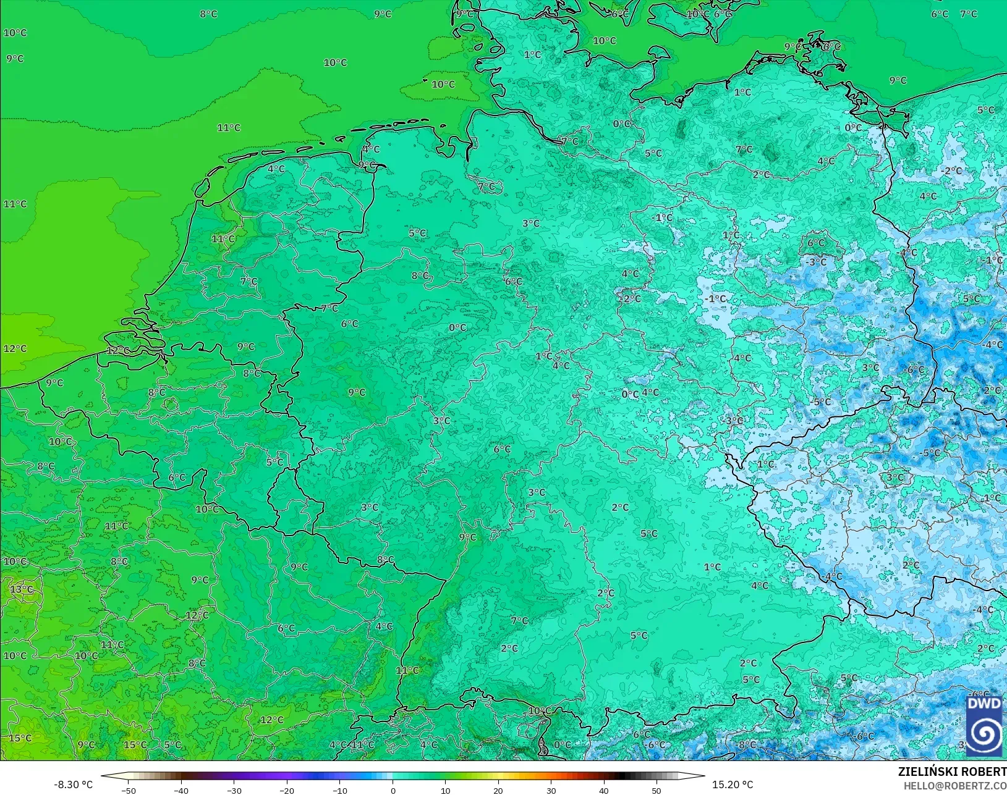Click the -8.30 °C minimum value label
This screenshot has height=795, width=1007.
[x=73, y=784]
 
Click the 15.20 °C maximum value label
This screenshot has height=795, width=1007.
[x=733, y=784]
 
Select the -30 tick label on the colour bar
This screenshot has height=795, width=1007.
[x=234, y=790]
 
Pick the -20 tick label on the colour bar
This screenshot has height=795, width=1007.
[x=286, y=790]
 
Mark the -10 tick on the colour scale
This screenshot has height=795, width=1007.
[x=339, y=790]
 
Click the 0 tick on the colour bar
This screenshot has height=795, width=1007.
[x=393, y=790]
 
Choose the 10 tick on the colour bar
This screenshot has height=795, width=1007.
[x=446, y=790]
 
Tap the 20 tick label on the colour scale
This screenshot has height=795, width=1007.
[x=498, y=790]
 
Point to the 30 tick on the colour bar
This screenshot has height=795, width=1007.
[x=551, y=790]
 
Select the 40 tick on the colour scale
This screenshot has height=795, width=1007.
[x=604, y=790]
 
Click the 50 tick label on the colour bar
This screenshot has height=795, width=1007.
[x=656, y=790]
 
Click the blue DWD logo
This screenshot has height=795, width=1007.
[x=984, y=726]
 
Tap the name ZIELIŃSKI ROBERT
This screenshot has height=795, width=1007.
[x=952, y=772]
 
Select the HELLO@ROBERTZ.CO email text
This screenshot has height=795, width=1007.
[x=955, y=786]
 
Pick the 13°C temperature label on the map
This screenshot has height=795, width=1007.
[x=22, y=589]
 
